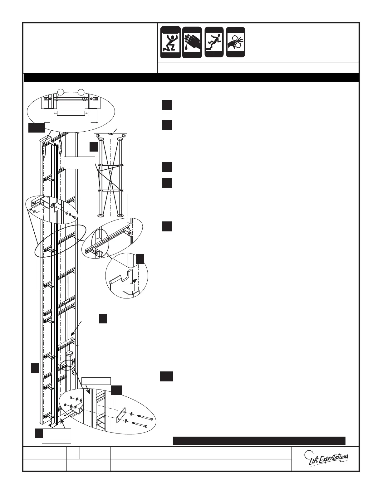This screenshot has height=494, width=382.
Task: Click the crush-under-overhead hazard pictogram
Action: tap(170, 42)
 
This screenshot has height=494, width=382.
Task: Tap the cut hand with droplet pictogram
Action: tap(192, 42)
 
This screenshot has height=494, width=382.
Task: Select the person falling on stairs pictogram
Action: tap(214, 42)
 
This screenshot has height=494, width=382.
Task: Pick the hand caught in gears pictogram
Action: tap(236, 42)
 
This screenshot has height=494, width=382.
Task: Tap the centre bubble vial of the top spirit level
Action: tap(111, 134)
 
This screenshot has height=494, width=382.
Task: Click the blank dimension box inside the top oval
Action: tap(69, 113)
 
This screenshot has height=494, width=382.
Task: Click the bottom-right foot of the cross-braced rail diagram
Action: tap(120, 215)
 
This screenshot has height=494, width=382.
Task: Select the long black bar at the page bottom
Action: tap(259, 440)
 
